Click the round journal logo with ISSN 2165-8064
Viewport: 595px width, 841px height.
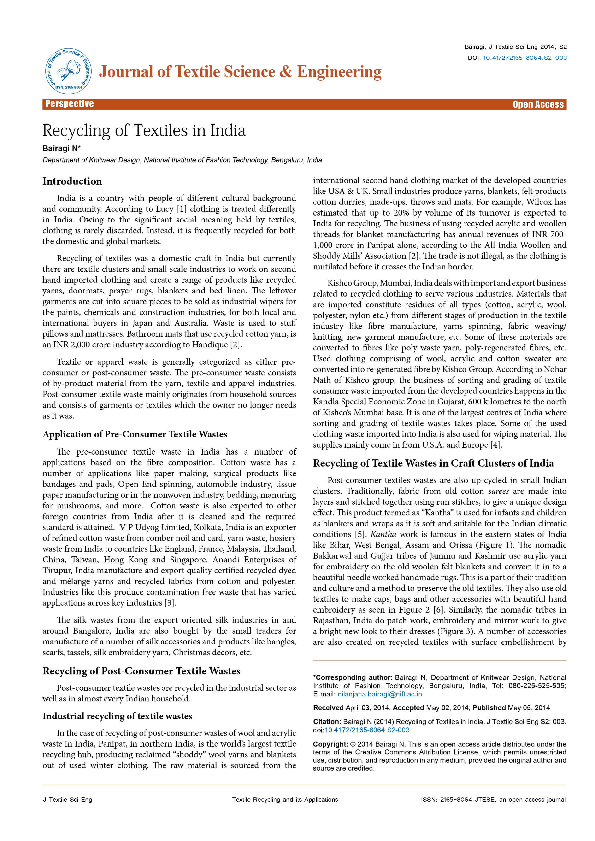pyautogui.click(x=68, y=71)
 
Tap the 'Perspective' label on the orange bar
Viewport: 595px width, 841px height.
pyautogui.click(x=70, y=104)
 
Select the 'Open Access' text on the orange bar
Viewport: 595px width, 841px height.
pyautogui.click(x=538, y=104)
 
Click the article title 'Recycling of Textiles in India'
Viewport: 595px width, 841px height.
pyautogui.click(x=144, y=131)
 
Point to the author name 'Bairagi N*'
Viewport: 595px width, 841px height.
pyautogui.click(x=61, y=148)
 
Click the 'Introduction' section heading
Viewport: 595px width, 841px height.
pyautogui.click(x=72, y=181)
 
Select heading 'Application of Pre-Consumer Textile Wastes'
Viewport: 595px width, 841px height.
pyautogui.click(x=135, y=434)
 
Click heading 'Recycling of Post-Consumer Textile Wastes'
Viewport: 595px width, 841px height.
pyautogui.click(x=141, y=671)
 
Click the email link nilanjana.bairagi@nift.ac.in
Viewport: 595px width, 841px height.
pyautogui.click(x=380, y=694)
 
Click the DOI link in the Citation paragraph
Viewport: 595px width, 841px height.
pyautogui.click(x=367, y=730)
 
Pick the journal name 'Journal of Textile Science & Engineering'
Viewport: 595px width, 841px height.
pyautogui.click(x=240, y=71)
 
